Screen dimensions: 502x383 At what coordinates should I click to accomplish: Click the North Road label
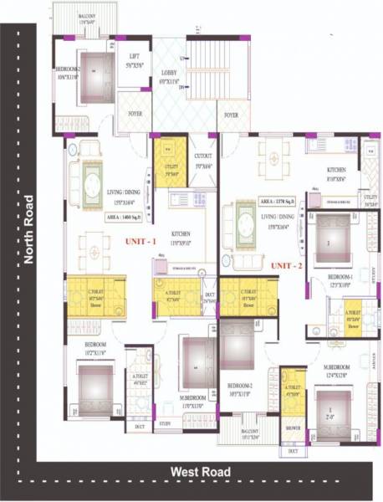[28, 229]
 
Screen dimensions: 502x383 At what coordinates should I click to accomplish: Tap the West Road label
[200, 472]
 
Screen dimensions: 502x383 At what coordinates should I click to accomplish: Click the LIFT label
[134, 59]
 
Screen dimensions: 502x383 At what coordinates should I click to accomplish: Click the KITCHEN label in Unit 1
[181, 234]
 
